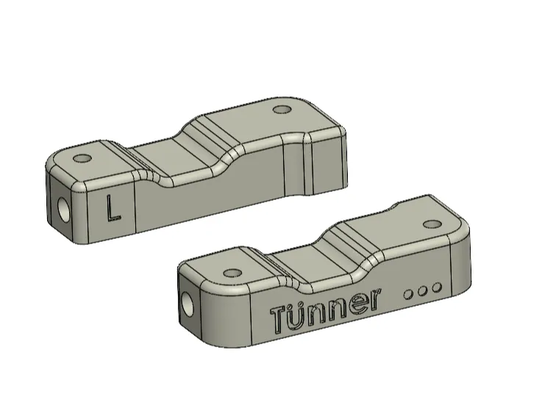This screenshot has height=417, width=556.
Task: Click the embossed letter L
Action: point(113,209)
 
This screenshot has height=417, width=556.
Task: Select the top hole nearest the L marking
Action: point(82,158)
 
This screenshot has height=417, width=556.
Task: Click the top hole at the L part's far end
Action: point(282,110)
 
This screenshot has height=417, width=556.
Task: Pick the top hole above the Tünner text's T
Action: point(233,273)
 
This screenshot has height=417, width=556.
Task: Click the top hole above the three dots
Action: point(432,224)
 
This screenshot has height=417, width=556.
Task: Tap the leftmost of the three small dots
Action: point(408,294)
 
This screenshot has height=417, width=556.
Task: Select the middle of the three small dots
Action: point(422,291)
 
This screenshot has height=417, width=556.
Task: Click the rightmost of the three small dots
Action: point(437,288)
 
